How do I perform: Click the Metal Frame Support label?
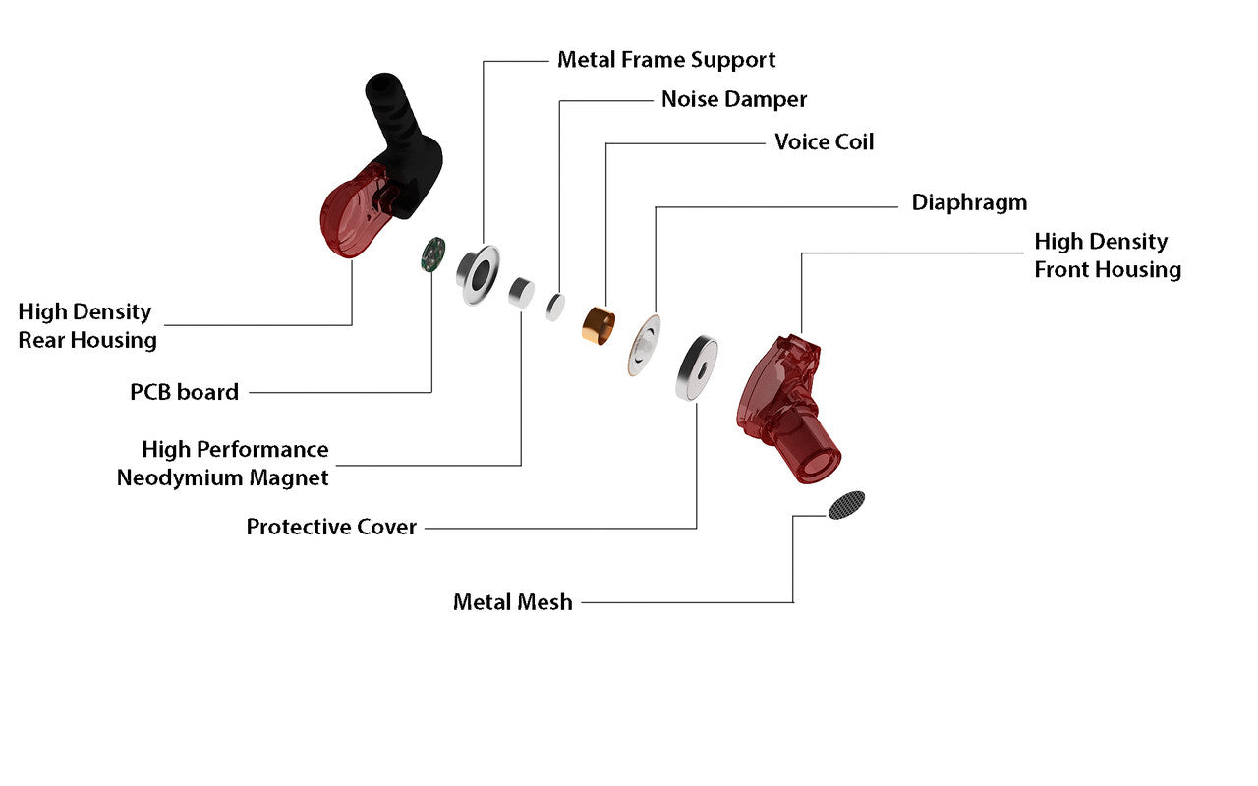(x=666, y=60)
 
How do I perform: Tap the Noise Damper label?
(x=733, y=99)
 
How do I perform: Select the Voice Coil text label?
(x=824, y=141)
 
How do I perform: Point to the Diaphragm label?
(x=969, y=202)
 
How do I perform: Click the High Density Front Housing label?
(x=1107, y=255)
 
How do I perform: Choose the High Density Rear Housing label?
(x=86, y=326)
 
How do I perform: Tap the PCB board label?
(x=184, y=392)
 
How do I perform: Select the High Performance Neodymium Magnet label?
(x=224, y=464)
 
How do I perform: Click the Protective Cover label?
(x=331, y=527)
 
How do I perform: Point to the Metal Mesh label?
(x=512, y=602)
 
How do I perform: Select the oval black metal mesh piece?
(x=846, y=505)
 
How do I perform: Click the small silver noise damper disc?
(x=556, y=307)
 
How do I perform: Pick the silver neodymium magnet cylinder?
(x=520, y=292)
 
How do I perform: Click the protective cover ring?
(x=696, y=368)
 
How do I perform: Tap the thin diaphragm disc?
(x=644, y=345)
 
